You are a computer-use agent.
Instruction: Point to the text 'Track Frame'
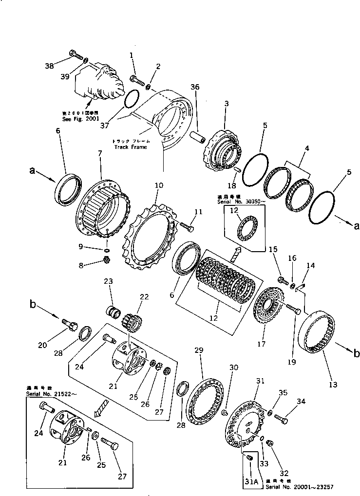pos(130,147)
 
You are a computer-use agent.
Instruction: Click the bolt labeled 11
pos(188,225)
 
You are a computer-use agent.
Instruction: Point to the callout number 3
pos(226,104)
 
